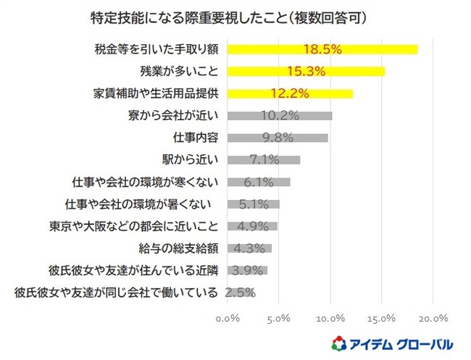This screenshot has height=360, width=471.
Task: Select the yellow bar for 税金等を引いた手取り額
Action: tap(322, 49)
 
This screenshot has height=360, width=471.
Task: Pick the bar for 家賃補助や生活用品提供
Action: tap(290, 93)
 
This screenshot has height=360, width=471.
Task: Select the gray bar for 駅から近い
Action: tap(264, 160)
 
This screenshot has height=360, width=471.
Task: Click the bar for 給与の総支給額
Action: tap(249, 248)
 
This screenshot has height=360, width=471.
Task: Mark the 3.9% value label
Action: tap(248, 270)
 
